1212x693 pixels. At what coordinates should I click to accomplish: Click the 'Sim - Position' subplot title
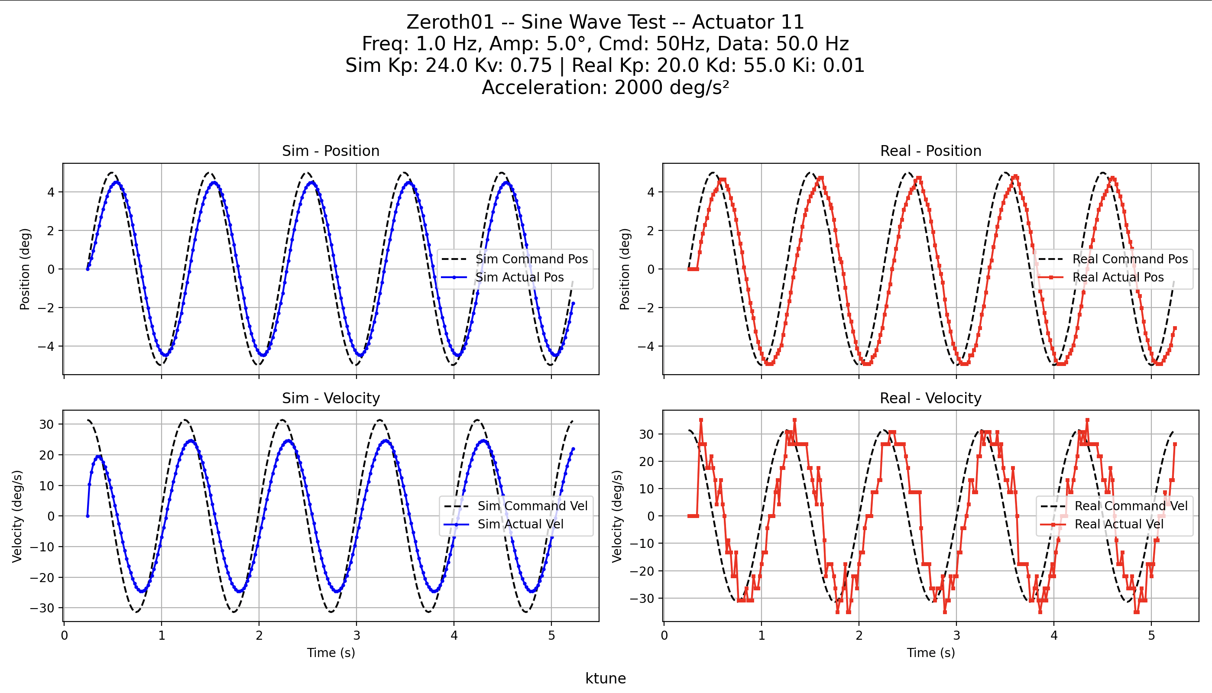point(331,151)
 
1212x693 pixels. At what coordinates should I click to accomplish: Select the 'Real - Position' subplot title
point(930,151)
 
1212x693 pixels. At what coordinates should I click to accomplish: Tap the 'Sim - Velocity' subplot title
point(331,398)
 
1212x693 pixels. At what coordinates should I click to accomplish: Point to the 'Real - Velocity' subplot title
point(930,398)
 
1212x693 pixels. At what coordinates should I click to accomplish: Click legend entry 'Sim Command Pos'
point(531,259)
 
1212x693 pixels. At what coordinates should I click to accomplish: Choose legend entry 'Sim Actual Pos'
point(520,277)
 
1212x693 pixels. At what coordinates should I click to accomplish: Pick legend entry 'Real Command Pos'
point(1130,259)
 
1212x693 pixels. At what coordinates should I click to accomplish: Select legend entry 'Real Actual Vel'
point(1119,524)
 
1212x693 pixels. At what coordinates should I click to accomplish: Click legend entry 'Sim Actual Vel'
point(521,524)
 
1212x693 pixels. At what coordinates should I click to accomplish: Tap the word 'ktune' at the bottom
point(605,678)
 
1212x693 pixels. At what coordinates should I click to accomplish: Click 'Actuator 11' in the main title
point(748,22)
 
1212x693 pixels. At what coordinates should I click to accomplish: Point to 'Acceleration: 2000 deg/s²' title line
point(605,87)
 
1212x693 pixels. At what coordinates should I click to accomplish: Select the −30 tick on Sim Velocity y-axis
point(42,608)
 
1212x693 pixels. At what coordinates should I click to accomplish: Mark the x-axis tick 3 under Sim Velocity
point(356,635)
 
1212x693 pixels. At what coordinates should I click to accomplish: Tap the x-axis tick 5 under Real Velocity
point(1151,635)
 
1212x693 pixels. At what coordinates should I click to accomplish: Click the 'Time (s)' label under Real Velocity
point(930,653)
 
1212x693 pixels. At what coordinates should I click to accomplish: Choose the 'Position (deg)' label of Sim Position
point(25,269)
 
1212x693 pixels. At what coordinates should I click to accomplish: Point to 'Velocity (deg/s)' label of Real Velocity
point(617,516)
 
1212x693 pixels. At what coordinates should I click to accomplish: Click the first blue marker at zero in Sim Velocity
point(87,516)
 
